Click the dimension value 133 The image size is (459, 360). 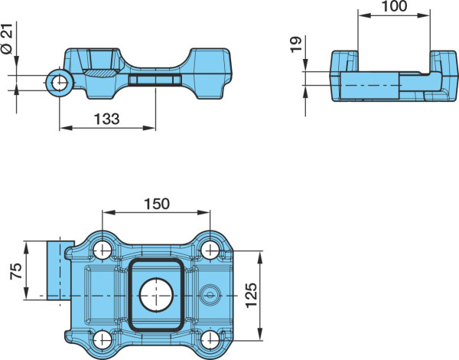pyautogui.click(x=107, y=119)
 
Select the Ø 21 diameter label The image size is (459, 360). pyautogui.click(x=7, y=39)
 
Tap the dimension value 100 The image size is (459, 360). pyautogui.click(x=394, y=6)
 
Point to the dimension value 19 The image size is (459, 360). pyautogui.click(x=296, y=44)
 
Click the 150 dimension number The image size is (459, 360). pyautogui.click(x=157, y=204)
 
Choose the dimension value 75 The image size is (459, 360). pyautogui.click(x=16, y=271)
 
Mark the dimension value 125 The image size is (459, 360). pyautogui.click(x=251, y=295)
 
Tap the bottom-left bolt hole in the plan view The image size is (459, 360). pyautogui.click(x=103, y=340)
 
